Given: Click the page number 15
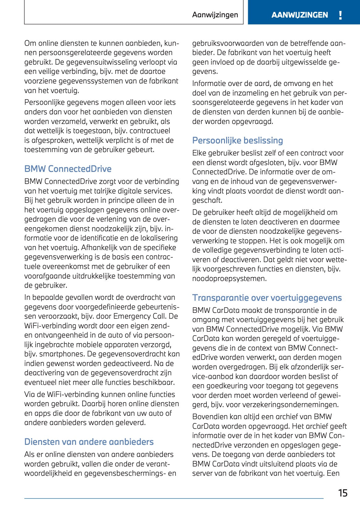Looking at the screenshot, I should pyautogui.click(x=343, y=493).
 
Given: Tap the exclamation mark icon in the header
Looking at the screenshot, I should pyautogui.click(x=340, y=15).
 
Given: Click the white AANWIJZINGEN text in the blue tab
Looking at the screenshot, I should pyautogui.click(x=299, y=15).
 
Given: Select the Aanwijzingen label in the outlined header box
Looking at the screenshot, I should pyautogui.click(x=215, y=15).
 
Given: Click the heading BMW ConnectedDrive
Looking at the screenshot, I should pyautogui.click(x=68, y=169).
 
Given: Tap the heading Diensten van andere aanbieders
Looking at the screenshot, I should pyautogui.click(x=89, y=442).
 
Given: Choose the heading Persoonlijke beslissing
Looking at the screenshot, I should pyautogui.click(x=237, y=140).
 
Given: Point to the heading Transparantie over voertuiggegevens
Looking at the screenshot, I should pyautogui.click(x=267, y=298).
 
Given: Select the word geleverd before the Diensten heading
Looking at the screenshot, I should pyautogui.click(x=131, y=423).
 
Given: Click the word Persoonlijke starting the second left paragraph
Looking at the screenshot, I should pyautogui.click(x=44, y=102).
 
